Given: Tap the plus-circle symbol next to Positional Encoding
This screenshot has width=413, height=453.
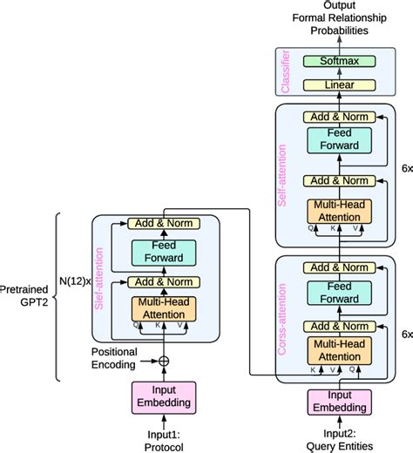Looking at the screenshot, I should click(162, 359).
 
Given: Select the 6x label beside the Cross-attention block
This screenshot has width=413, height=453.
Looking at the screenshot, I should click(404, 334).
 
